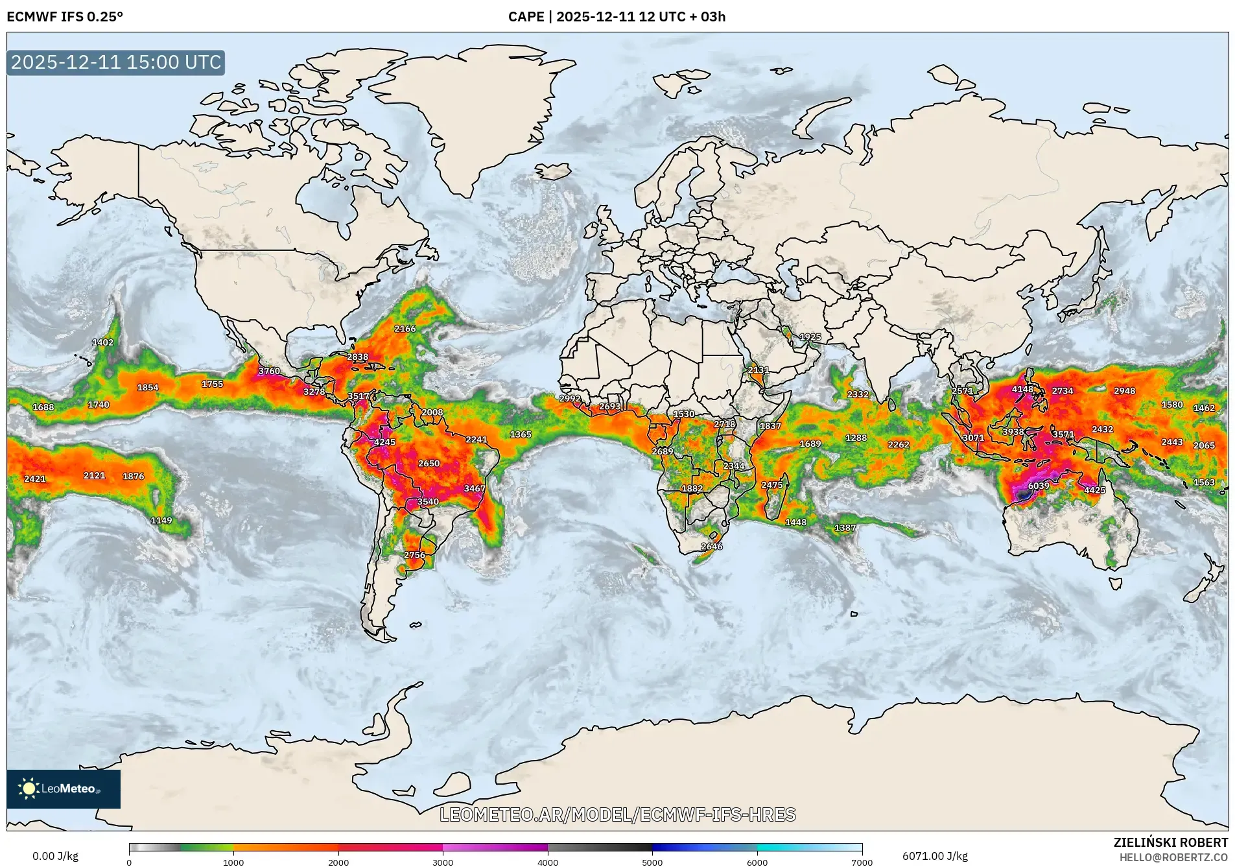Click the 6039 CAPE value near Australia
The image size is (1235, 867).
coord(1038,486)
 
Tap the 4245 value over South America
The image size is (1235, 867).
coord(384,442)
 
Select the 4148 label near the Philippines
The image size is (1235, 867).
coord(1022,389)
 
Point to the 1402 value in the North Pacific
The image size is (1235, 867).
coord(102,342)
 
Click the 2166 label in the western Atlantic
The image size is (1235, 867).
coord(405,329)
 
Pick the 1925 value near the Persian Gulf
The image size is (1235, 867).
coord(810,337)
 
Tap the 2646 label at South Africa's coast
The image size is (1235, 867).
coord(711,546)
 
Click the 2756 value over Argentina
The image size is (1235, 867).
coord(414,555)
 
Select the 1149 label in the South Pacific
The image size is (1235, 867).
coord(161,520)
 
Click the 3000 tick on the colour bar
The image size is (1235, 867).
coord(443,862)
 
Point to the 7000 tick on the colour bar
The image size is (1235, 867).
coord(862,862)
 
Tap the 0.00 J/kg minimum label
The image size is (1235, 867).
coord(55,856)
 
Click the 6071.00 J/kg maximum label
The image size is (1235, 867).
coord(935,856)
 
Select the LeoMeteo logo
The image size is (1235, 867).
coord(63,789)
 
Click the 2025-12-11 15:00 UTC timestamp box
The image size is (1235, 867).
coord(116,62)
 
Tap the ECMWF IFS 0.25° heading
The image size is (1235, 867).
coord(65,17)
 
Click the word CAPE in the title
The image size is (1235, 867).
coord(526,17)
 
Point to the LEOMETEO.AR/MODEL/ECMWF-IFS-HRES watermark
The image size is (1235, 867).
coord(617,814)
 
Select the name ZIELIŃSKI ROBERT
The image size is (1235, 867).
coord(1170,842)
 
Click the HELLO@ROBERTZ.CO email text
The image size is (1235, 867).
coord(1173,857)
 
